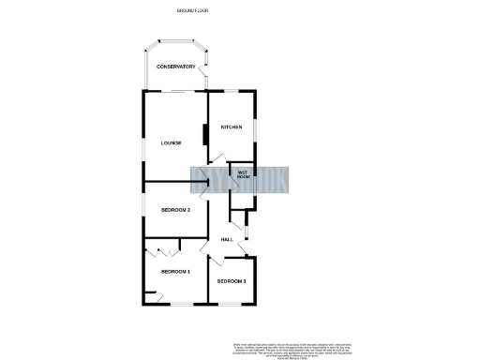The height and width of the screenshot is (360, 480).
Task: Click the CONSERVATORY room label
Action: (175, 67)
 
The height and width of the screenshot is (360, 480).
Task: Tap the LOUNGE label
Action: (170, 142)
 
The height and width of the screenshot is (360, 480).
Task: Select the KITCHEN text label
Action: (232, 127)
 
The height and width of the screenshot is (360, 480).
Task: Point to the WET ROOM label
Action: (242, 173)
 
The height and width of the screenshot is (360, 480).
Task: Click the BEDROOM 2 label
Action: (176, 210)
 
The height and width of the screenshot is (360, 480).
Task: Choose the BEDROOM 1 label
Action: (175, 272)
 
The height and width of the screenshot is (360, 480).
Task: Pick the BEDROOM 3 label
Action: (232, 281)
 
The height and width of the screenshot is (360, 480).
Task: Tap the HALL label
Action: (227, 240)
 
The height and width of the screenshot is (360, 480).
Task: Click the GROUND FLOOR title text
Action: (192, 9)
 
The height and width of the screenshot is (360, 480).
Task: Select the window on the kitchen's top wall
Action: (231, 91)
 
